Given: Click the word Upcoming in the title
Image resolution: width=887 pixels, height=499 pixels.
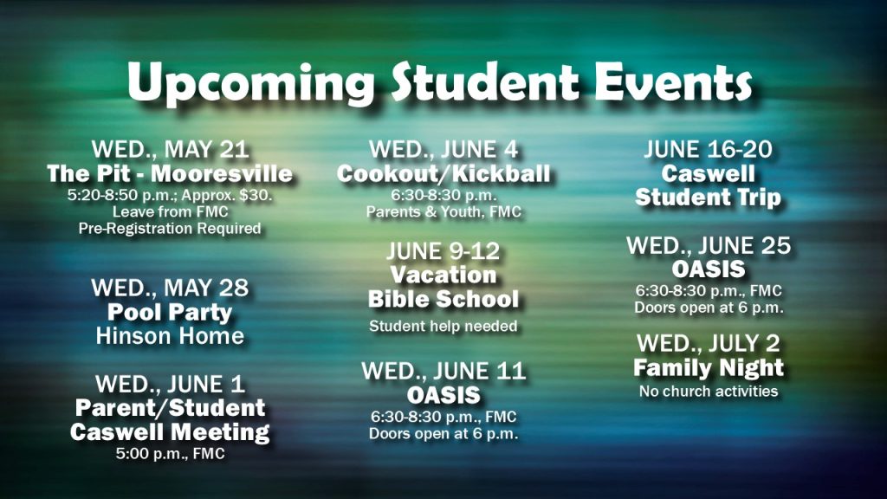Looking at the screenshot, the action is [250, 84].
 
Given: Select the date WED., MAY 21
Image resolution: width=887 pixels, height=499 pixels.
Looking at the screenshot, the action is [171, 150].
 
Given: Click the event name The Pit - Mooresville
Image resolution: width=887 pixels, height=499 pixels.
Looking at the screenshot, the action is [170, 173].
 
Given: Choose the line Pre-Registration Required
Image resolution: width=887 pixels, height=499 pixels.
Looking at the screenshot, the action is [170, 229].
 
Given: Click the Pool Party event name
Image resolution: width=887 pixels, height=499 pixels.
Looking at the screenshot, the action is [170, 313].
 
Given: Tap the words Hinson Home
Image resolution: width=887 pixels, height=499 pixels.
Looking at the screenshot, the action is [170, 336].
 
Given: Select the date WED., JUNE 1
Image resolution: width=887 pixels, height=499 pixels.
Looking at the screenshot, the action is [170, 385].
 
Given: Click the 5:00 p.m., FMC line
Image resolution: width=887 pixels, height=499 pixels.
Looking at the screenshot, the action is [170, 454].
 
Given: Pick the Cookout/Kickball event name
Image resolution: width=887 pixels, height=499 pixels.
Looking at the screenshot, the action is [443, 173].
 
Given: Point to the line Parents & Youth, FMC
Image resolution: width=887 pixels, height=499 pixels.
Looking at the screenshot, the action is [443, 212].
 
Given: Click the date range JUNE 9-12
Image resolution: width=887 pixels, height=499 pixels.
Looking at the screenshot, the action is [443, 251].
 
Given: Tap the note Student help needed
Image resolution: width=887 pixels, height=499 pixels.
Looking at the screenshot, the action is [443, 327].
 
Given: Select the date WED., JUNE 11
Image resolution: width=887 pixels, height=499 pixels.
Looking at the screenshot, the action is [443, 372].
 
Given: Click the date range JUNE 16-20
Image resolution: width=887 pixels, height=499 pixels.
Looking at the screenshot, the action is [709, 149].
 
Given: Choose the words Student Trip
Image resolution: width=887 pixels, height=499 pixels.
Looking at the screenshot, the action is [709, 198].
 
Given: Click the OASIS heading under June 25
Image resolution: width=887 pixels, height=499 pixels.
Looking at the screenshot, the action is [709, 269].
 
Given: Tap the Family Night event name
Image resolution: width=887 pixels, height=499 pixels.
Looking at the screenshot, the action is [709, 368].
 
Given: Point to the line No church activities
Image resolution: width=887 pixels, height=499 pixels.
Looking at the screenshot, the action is [709, 392].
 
